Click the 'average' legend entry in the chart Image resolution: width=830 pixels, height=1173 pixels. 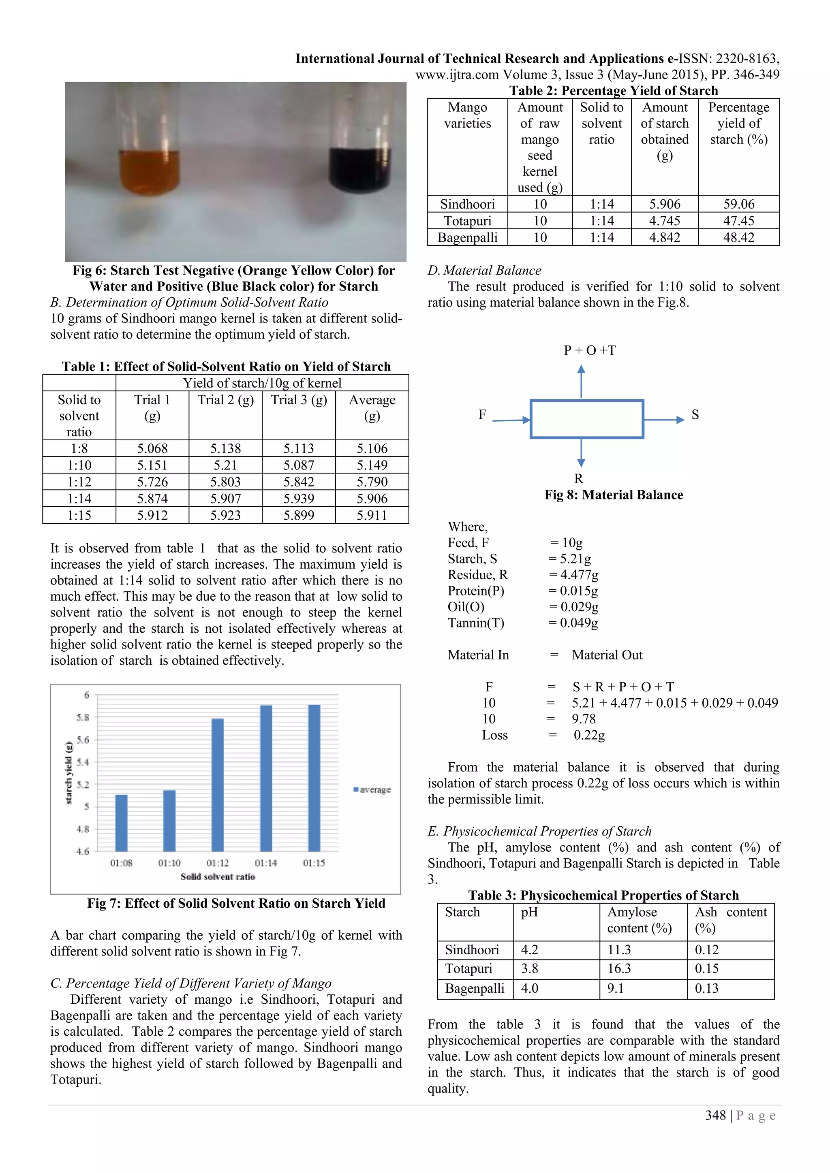tap(372, 790)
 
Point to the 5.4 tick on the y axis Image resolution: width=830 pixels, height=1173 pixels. tap(82, 762)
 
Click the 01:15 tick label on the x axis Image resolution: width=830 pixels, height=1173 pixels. tap(314, 863)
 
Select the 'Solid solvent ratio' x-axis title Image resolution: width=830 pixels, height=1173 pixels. tap(218, 877)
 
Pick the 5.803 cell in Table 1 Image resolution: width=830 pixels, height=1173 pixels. tap(225, 482)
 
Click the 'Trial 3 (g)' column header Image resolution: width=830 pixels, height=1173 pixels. tap(299, 400)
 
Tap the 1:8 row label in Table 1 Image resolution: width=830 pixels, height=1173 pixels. tap(79, 448)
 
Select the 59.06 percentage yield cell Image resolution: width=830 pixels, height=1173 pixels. tap(738, 205)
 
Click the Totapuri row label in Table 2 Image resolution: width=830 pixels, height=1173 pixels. tap(467, 221)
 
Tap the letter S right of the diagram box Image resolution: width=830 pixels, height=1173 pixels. tap(695, 414)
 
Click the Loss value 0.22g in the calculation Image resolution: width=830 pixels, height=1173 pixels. tap(589, 735)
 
